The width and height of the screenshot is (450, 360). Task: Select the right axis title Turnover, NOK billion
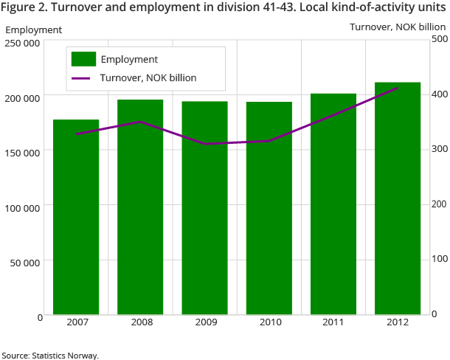[397, 27]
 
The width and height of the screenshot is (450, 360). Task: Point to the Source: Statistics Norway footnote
[50, 355]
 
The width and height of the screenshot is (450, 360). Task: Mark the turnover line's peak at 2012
[398, 88]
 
